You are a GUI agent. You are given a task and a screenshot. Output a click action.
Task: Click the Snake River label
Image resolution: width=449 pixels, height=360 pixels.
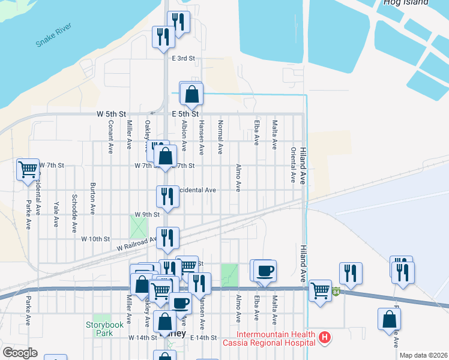(x=54, y=35)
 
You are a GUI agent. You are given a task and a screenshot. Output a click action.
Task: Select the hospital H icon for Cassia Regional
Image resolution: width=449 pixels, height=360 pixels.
(x=325, y=338)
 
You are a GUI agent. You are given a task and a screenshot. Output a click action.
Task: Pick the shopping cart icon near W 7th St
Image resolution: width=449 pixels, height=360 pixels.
(x=28, y=170)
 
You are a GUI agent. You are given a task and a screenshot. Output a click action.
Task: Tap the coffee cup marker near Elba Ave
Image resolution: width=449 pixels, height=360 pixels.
(x=264, y=271)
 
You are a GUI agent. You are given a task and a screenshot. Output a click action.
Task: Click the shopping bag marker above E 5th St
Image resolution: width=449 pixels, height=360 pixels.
(x=191, y=94)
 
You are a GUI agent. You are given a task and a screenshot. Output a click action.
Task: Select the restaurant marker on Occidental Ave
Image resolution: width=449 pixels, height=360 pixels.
(x=167, y=196)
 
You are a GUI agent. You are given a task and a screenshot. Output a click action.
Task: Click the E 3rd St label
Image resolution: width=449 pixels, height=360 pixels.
(x=184, y=58)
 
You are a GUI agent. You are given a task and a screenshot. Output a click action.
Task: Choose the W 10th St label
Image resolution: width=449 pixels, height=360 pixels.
(x=96, y=238)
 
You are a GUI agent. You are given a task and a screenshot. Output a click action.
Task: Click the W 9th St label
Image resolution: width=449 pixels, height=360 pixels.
(x=147, y=214)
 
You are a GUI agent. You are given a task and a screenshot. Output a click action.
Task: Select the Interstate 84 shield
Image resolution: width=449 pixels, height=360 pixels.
(x=337, y=292)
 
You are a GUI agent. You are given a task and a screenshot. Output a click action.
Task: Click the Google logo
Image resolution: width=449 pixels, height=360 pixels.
(x=20, y=352)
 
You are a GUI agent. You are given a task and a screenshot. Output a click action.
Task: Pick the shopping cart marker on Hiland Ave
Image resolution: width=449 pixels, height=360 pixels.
(x=321, y=291)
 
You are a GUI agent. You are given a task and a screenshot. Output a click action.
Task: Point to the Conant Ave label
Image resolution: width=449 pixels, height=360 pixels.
(x=110, y=137)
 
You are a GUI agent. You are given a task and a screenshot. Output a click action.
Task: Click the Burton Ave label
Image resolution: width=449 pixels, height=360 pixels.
(x=92, y=199)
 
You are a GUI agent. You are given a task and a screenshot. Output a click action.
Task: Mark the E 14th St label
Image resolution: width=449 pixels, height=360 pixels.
(x=203, y=338)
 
